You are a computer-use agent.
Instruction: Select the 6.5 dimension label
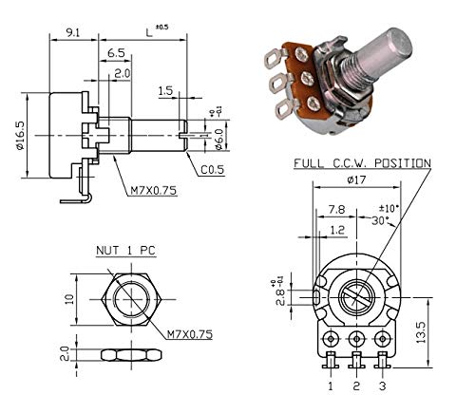(x=117, y=53)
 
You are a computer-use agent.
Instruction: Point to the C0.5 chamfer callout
(x=213, y=170)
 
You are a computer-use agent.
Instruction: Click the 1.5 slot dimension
(x=165, y=92)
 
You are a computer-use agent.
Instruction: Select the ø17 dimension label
(x=357, y=179)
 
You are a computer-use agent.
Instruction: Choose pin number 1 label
(x=332, y=386)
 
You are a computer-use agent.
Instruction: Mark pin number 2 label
(x=357, y=386)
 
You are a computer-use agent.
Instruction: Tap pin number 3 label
(x=383, y=386)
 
